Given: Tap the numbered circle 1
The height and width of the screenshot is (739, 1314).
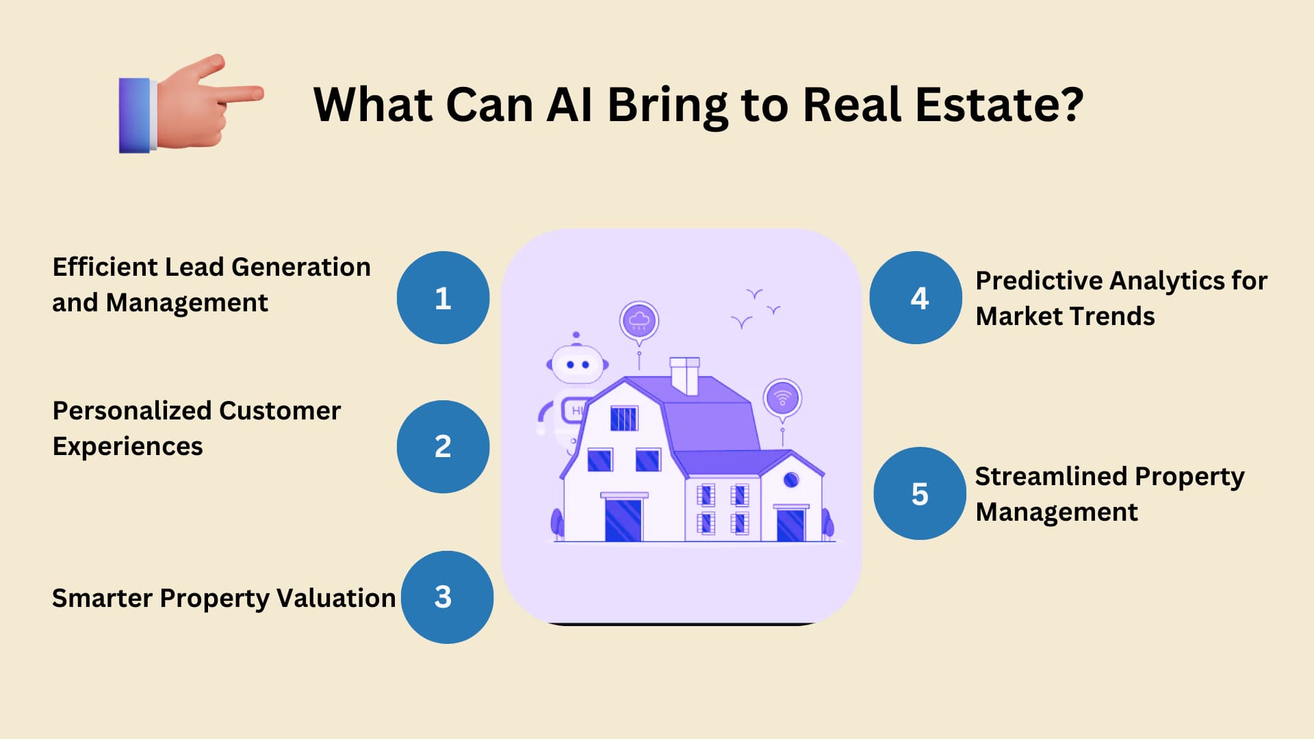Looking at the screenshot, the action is [443, 298].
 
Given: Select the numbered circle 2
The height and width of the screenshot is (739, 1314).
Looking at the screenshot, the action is [443, 446].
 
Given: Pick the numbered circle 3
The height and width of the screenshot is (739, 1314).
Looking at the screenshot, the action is [447, 597].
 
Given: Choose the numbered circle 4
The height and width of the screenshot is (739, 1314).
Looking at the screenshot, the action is [916, 298].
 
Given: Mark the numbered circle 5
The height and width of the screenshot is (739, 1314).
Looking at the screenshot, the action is [920, 493].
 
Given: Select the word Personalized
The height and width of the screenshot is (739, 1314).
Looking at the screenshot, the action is [132, 411].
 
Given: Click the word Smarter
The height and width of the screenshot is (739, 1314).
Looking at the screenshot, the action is [102, 598].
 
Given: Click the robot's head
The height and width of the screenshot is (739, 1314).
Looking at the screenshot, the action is [577, 364].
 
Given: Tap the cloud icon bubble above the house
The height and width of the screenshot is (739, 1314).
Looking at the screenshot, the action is [639, 321].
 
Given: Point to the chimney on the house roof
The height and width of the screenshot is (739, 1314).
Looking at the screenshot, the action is [684, 376].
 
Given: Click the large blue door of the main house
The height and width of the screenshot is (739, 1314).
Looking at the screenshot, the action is [623, 520].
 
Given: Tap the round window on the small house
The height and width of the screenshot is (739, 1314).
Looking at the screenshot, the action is [791, 480].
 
